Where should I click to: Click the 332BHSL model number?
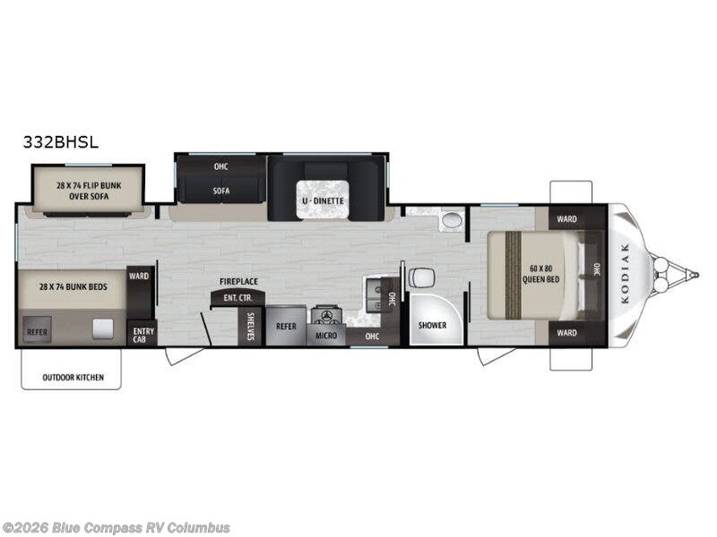click(61, 142)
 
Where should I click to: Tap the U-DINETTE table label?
click(323, 200)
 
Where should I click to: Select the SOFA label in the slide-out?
click(220, 191)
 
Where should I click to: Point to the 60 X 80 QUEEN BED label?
click(541, 274)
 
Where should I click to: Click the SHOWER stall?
click(432, 320)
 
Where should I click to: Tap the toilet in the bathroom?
click(421, 277)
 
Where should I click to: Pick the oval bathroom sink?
click(453, 220)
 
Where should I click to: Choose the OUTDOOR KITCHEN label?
click(73, 378)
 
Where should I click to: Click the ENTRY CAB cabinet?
click(143, 333)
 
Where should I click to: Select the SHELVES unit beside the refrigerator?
click(250, 326)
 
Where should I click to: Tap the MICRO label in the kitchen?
click(326, 336)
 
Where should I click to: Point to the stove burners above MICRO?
click(326, 316)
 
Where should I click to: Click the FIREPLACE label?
click(238, 282)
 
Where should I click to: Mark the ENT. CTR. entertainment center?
click(238, 298)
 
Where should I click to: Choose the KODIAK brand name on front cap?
click(625, 274)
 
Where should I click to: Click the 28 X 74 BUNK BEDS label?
click(73, 287)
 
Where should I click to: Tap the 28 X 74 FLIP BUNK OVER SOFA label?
click(89, 191)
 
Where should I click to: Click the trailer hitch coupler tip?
click(696, 275)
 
